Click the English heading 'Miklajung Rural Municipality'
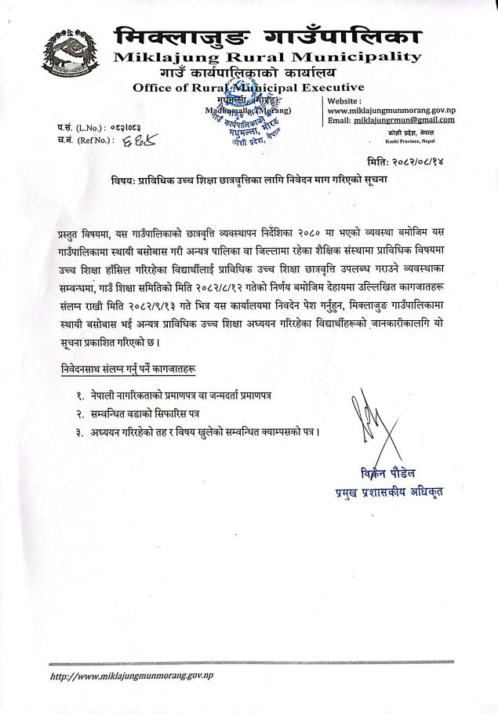[267, 56]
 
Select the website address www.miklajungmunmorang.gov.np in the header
[390, 111]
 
